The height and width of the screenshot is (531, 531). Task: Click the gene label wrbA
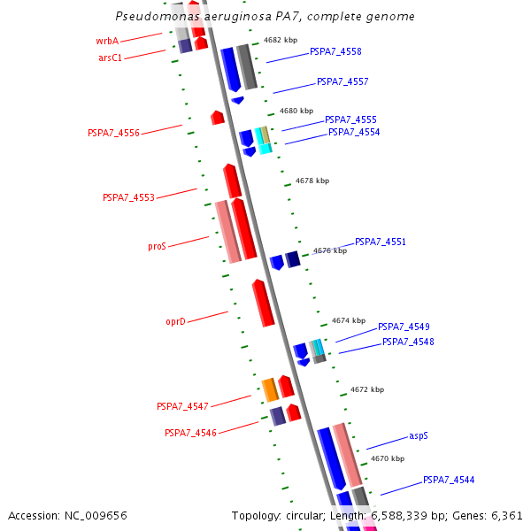coord(107,41)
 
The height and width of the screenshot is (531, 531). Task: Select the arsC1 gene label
coord(111,58)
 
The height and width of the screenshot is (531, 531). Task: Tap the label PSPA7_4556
coord(113,133)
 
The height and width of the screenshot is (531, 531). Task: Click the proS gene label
coord(157,247)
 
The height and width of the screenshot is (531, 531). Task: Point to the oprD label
coord(176,321)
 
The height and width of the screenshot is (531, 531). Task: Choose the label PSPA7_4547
coord(182,406)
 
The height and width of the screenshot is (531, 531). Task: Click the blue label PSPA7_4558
coord(335,52)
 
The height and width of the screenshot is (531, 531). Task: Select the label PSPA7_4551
coord(381,242)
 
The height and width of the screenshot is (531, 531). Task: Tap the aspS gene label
coord(419,436)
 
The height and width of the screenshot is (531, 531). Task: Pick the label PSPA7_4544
coord(449,480)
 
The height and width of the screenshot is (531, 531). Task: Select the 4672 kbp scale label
coord(367,389)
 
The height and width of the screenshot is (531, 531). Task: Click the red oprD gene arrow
coord(263,303)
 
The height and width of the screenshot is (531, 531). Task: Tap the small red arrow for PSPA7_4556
coord(218,117)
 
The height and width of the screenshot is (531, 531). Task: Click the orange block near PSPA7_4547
coord(270,389)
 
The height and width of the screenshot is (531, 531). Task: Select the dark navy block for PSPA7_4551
coord(293,258)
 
